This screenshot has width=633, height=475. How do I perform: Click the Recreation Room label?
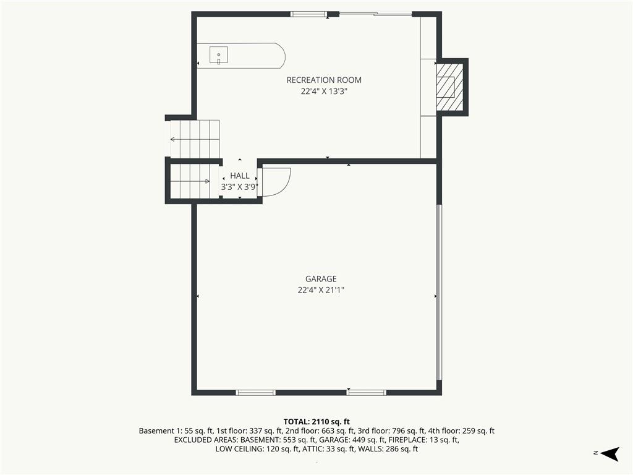click(324, 80)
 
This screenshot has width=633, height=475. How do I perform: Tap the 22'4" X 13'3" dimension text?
click(324, 92)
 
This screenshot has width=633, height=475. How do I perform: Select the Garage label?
click(321, 279)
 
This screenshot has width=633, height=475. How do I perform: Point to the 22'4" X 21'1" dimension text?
click(321, 290)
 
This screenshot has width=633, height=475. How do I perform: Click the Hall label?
click(240, 176)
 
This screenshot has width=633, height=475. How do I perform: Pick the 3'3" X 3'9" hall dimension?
click(239, 187)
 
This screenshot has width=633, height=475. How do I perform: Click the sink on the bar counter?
click(218, 55)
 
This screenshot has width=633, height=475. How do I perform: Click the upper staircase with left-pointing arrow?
click(195, 139)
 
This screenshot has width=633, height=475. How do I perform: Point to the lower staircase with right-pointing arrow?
click(190, 181)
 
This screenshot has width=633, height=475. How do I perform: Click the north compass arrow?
click(610, 453)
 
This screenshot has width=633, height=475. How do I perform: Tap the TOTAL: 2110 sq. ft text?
click(316, 422)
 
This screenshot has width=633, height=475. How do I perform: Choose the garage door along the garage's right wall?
click(440, 292)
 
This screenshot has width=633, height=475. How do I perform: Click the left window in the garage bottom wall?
click(255, 392)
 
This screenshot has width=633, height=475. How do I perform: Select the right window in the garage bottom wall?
click(367, 392)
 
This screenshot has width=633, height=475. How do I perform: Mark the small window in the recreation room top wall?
click(309, 14)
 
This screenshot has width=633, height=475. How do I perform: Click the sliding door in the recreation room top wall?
click(375, 14)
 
